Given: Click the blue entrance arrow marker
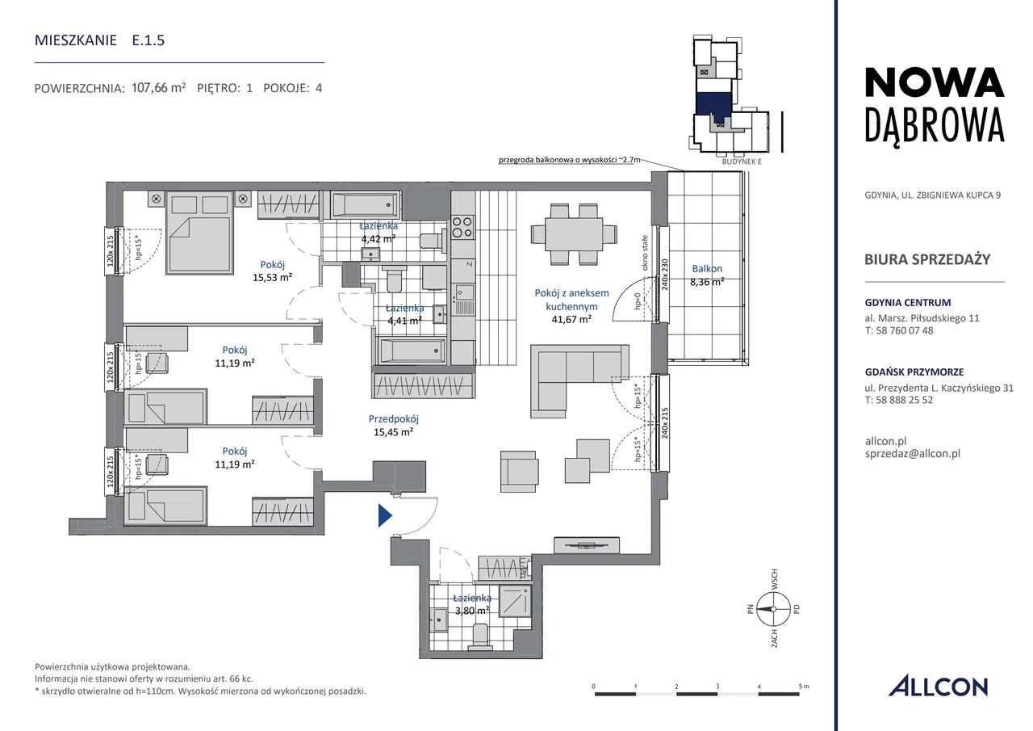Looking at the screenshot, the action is pos(385,515).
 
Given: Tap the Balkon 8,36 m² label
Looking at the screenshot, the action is pos(707,275).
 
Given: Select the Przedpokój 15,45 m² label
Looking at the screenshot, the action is pos(393,426).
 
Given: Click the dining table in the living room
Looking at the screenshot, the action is pos(574,234).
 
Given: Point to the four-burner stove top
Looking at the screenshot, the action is pos(462,227).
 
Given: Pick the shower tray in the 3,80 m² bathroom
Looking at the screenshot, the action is pos(516,600).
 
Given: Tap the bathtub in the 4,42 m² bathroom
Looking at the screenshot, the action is pos(366,206).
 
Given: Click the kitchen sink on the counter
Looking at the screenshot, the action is pos(463,292).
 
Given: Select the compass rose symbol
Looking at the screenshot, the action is pos(773,609).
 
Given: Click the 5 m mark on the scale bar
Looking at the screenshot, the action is pos(804,687).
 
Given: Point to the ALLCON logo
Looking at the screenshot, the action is pos(938,686).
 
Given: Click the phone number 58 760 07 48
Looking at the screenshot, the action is pos(905,330).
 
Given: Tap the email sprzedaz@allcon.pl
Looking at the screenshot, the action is pos(913,454).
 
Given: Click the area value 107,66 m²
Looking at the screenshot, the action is pos(159,88).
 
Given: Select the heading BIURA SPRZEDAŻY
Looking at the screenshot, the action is pos(927,259).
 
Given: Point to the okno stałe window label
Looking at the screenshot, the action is pos(644,253).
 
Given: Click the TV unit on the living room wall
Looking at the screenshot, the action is pos(586,544).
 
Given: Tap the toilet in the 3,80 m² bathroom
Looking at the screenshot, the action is pos(480,636).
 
